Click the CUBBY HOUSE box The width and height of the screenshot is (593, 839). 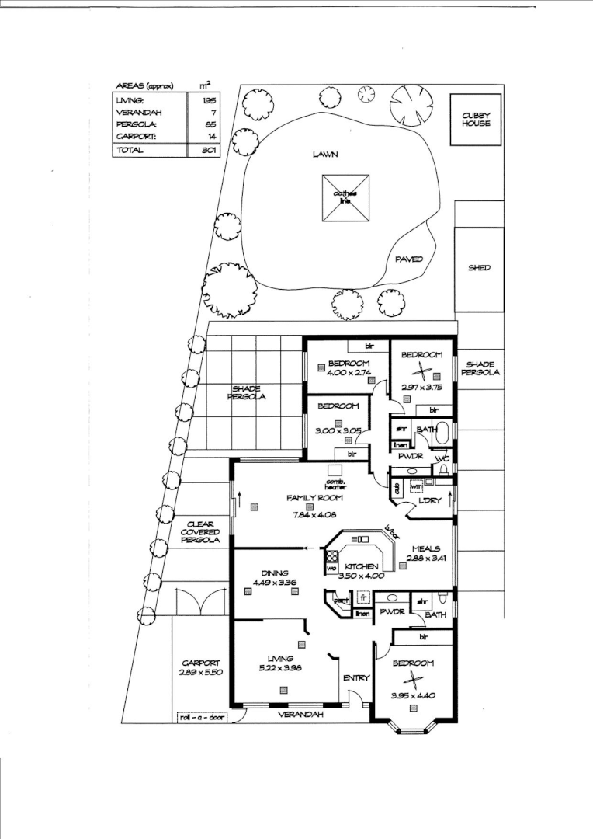[x=477, y=119]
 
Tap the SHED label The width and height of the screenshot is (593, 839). [x=477, y=268]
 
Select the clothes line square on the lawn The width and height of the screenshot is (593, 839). [x=345, y=197]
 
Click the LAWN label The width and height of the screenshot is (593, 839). [x=325, y=155]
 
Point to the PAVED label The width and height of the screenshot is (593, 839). [x=409, y=259]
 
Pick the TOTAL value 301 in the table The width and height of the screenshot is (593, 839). [x=208, y=150]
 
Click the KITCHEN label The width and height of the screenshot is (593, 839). [x=362, y=567]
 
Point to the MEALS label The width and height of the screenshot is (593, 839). [x=427, y=547]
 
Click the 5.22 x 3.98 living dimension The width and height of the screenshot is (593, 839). [x=276, y=668]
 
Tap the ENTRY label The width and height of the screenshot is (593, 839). [x=356, y=678]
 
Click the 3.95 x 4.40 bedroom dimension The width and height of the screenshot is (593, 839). [x=413, y=695]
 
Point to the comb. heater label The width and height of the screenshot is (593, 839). [x=335, y=483]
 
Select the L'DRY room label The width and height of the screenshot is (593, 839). [x=429, y=501]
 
